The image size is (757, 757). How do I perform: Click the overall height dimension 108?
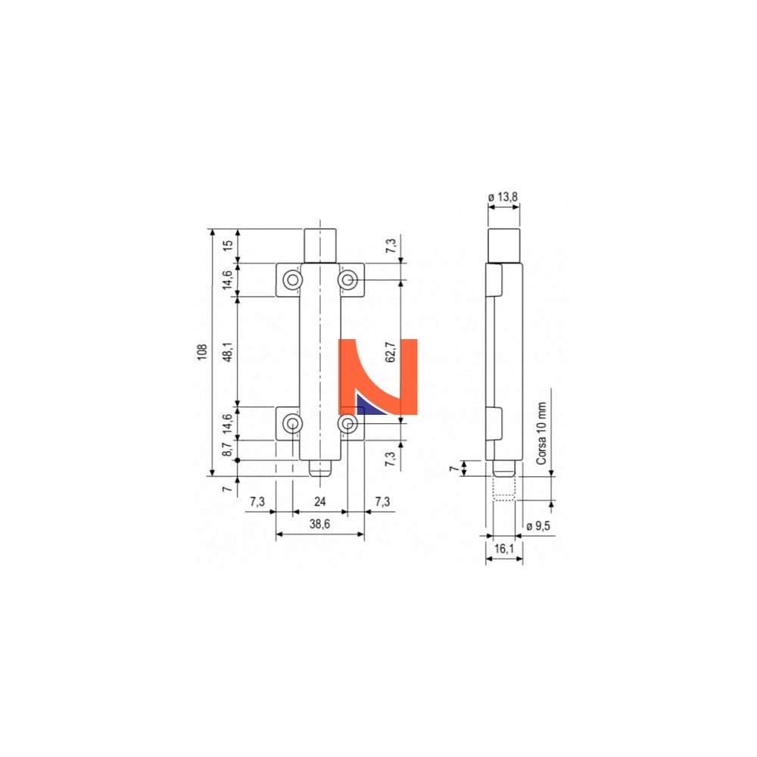click(202, 352)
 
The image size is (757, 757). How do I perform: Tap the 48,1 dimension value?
click(228, 351)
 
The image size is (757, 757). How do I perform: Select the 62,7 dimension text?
click(391, 352)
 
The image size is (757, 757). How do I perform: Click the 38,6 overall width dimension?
click(320, 525)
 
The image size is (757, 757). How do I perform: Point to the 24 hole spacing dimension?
click(320, 502)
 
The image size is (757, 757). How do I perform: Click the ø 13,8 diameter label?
click(503, 197)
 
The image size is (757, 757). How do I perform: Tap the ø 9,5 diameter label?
click(538, 526)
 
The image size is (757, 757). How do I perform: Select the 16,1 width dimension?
click(504, 548)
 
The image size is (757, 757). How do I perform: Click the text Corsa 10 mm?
click(541, 434)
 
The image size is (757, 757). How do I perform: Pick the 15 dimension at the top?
click(228, 245)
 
